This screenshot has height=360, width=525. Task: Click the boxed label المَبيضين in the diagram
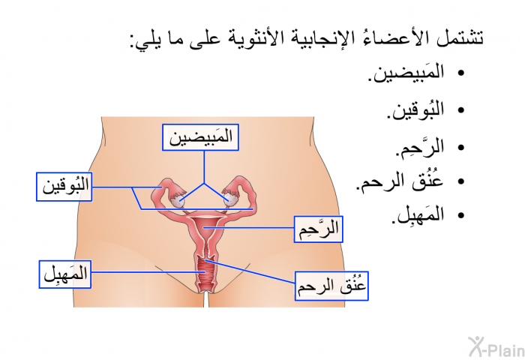[200, 137]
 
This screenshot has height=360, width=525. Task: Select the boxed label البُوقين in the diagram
[64, 187]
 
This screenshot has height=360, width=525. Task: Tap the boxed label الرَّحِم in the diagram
[319, 229]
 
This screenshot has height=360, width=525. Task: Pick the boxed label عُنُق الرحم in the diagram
[331, 286]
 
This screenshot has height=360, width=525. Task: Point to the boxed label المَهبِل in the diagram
[65, 274]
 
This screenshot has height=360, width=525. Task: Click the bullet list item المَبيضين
[406, 73]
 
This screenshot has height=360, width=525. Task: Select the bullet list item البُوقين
[415, 110]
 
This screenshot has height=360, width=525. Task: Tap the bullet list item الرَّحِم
[420, 148]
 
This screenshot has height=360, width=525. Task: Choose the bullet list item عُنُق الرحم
[400, 181]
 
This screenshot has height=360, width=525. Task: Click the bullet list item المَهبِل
[418, 215]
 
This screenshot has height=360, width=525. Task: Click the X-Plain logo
[496, 346]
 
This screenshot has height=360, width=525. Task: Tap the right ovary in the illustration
[230, 200]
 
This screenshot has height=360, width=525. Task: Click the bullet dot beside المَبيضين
[461, 73]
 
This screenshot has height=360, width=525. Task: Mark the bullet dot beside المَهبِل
[461, 215]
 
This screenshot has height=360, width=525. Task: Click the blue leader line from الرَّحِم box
[249, 228]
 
